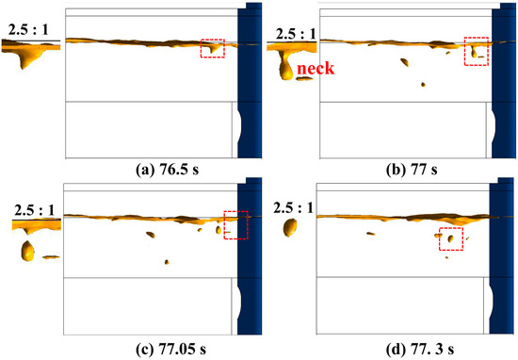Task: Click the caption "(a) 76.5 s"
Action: (167, 170)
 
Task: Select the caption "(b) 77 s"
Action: (412, 170)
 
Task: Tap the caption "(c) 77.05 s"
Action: (170, 349)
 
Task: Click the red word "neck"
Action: (316, 69)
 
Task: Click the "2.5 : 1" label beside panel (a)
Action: (28, 30)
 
